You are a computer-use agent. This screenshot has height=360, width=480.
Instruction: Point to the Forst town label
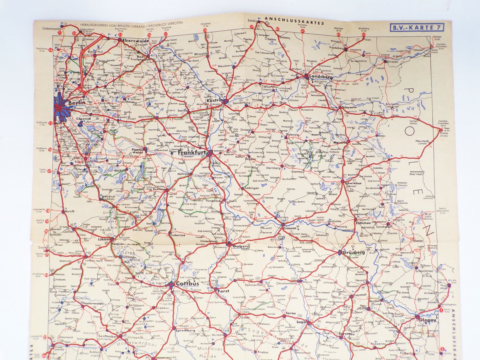coord(223,291)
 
